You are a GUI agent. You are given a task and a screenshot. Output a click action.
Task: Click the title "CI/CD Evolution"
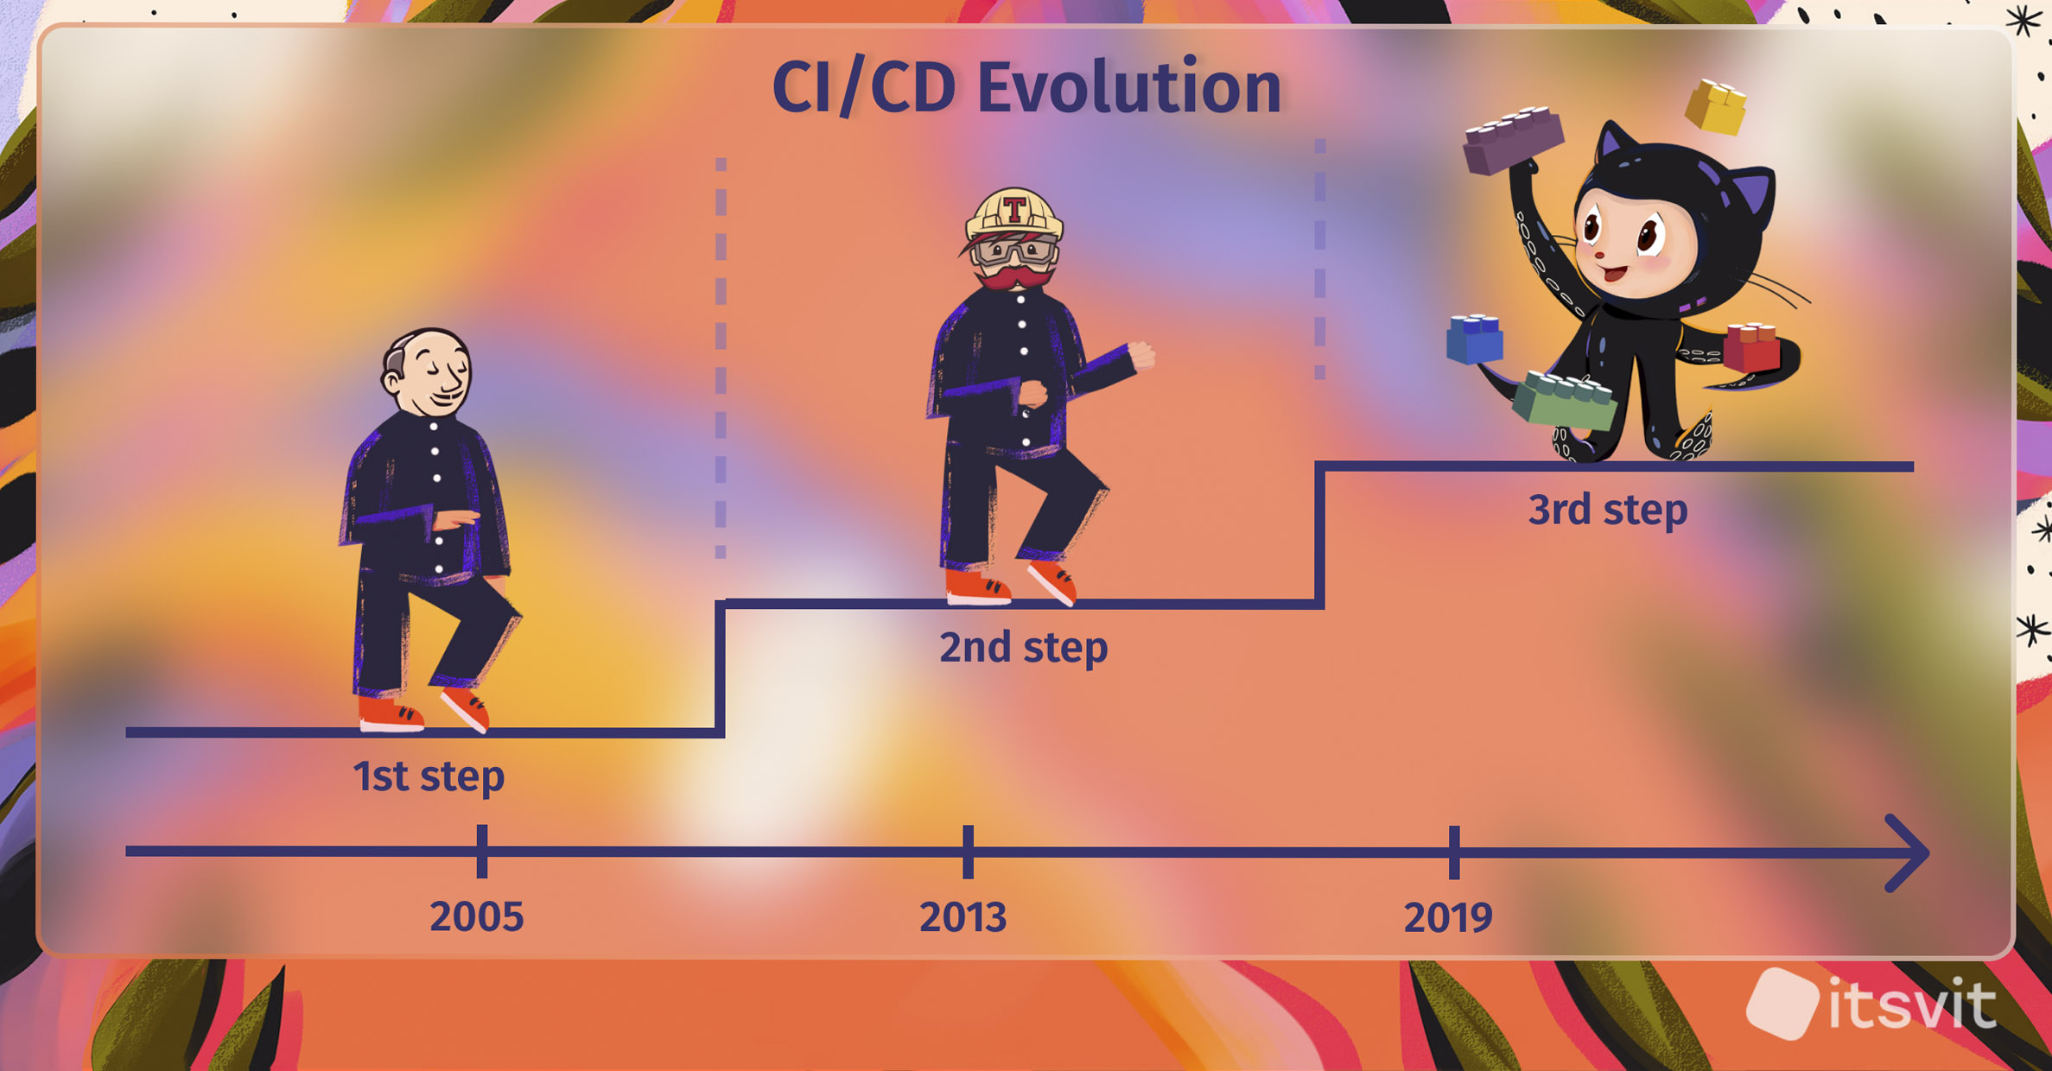tap(1026, 87)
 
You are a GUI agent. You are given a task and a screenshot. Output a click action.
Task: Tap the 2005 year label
tap(477, 917)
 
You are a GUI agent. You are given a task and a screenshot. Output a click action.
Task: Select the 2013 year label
tap(963, 917)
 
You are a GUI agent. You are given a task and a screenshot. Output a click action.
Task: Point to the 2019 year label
tap(1448, 917)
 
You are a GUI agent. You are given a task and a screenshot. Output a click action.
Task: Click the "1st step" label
tap(429, 776)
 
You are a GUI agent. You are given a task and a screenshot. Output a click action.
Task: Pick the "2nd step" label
tap(1024, 648)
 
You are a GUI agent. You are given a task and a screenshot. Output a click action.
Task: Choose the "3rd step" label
tap(1608, 510)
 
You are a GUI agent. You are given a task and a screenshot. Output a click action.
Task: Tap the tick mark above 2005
tap(482, 852)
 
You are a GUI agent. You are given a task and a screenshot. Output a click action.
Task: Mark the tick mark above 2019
tap(1454, 852)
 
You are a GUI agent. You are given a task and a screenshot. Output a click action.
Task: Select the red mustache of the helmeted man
tap(1013, 278)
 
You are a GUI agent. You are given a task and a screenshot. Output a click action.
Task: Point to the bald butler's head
tap(428, 373)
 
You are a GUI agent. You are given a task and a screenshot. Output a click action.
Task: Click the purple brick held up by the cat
tap(1513, 140)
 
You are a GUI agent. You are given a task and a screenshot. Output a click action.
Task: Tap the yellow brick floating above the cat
tap(1716, 107)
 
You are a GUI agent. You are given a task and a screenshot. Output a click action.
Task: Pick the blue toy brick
tap(1475, 339)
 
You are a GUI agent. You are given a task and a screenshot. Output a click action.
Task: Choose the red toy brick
tap(1752, 347)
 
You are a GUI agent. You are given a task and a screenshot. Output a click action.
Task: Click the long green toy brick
tap(1565, 400)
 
